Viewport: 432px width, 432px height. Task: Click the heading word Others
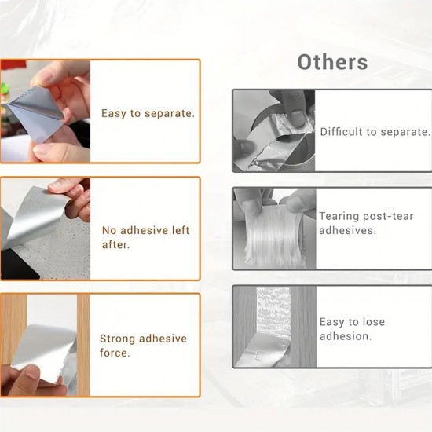pyautogui.click(x=332, y=62)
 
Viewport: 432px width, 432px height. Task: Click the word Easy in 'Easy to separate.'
pyautogui.click(x=114, y=114)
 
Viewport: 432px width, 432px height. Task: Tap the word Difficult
pyautogui.click(x=341, y=132)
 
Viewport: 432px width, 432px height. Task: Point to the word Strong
pyautogui.click(x=117, y=339)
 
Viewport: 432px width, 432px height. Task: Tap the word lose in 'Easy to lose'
pyautogui.click(x=373, y=322)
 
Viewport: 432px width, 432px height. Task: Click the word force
pyautogui.click(x=115, y=353)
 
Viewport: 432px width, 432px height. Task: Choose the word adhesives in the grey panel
pyautogui.click(x=347, y=231)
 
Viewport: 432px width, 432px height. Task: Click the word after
pyautogui.click(x=115, y=244)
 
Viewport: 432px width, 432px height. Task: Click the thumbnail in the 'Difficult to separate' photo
pyautogui.click(x=297, y=118)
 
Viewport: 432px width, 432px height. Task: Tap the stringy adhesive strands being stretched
pyautogui.click(x=274, y=237)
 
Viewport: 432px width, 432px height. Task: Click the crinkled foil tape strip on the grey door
pyautogui.click(x=272, y=327)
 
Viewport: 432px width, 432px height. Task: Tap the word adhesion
pyautogui.click(x=346, y=336)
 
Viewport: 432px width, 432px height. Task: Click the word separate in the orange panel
pyautogui.click(x=170, y=114)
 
